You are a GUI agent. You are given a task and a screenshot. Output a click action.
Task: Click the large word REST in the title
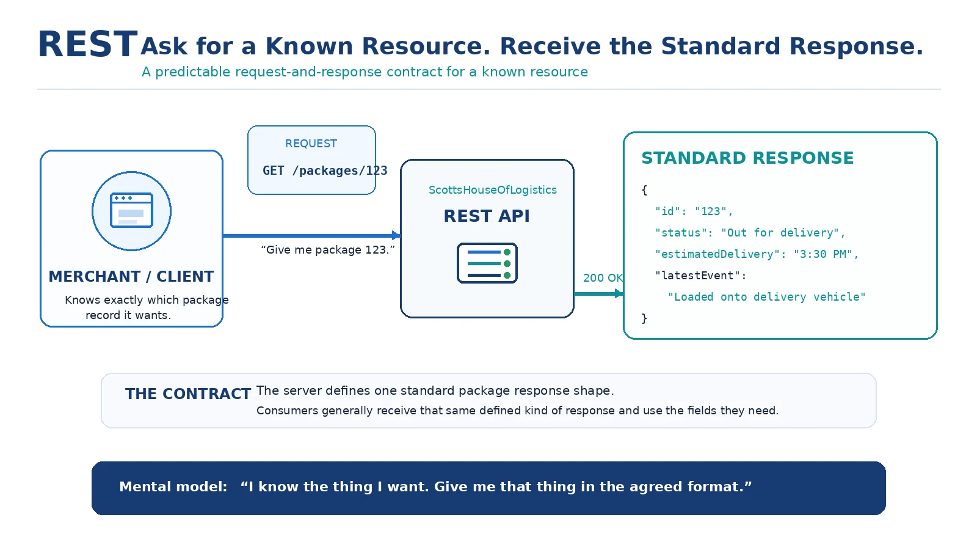(x=88, y=45)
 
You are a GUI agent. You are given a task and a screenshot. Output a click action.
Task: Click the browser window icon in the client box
(x=132, y=210)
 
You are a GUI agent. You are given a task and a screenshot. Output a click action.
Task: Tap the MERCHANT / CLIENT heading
(x=131, y=277)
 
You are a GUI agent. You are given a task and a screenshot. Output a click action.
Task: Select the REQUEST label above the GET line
(x=311, y=144)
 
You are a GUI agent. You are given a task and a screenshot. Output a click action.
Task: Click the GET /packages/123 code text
(x=325, y=170)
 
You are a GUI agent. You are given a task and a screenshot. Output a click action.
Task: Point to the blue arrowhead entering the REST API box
(x=396, y=236)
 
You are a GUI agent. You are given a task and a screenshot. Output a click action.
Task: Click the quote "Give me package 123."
(x=327, y=250)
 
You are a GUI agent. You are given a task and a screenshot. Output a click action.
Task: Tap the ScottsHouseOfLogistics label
(x=492, y=190)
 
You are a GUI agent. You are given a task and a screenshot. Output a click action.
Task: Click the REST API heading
(x=487, y=216)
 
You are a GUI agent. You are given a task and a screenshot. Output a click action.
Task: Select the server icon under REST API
(x=487, y=263)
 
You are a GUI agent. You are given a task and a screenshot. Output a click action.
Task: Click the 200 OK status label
(x=603, y=278)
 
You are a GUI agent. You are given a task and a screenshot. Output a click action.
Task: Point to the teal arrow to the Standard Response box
(x=598, y=294)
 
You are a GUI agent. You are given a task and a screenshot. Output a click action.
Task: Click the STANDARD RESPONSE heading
(x=747, y=158)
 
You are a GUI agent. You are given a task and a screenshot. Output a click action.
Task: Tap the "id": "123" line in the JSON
(x=694, y=211)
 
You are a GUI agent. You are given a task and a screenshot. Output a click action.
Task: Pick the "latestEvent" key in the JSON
(x=697, y=276)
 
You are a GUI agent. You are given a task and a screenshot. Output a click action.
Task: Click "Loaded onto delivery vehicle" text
(x=767, y=297)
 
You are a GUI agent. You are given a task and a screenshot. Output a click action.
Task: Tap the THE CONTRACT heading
(x=188, y=394)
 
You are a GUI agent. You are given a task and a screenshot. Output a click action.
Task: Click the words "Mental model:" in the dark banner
(x=173, y=487)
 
